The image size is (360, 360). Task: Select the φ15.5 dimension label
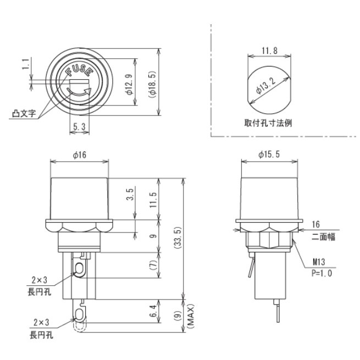[x=269, y=156]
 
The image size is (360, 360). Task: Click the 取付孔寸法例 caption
[x=268, y=123]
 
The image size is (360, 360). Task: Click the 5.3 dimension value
[x=80, y=127]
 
